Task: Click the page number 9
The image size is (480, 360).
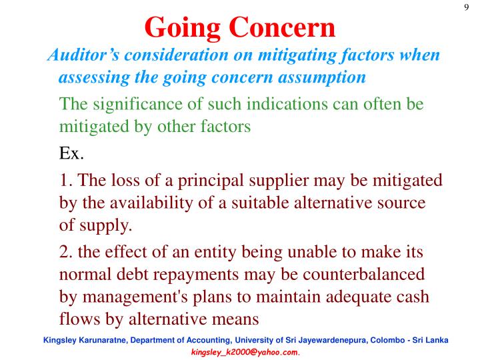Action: pos(466,7)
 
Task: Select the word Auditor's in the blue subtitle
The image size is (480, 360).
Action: pos(82,55)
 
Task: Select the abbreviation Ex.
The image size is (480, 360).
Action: pos(71,153)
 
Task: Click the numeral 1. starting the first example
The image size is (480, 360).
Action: pos(66,181)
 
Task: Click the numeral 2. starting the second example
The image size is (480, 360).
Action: pos(66,253)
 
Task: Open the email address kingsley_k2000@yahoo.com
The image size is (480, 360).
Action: pos(245,351)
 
